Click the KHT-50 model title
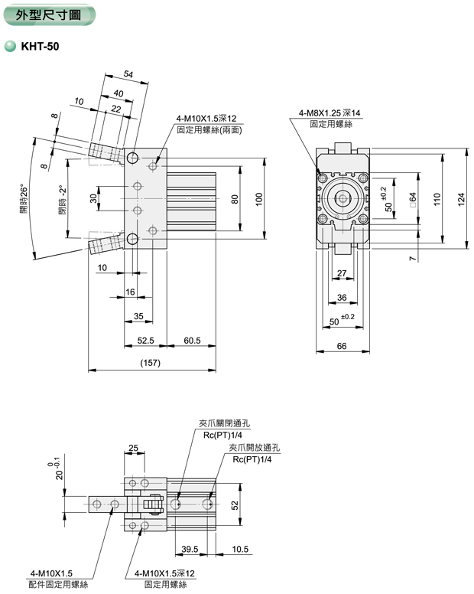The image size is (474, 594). pos(39,47)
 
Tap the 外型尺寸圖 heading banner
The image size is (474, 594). pos(48,15)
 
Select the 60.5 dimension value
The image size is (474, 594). pos(192,340)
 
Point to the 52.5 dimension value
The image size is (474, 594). pos(146,340)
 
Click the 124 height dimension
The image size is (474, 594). pos(461,197)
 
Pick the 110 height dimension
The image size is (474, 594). pos(437,197)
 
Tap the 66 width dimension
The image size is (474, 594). pos(342,346)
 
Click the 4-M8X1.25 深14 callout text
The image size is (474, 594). pos(330,113)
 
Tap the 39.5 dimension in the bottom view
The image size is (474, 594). pos(190,549)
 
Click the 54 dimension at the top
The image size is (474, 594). pos(128,73)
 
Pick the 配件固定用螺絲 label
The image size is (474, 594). pos(59,584)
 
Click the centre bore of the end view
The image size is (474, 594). pos(342,198)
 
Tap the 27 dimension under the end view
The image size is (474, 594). pos(342,273)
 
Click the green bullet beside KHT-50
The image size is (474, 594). pos(10,47)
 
